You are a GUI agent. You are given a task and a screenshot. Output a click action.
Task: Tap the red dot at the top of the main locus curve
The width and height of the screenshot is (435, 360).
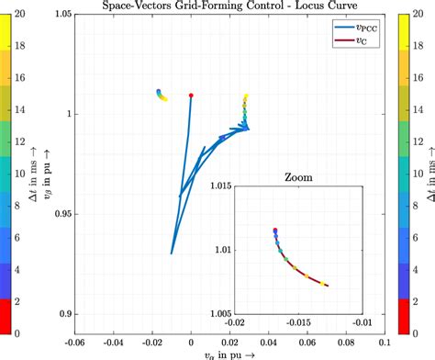pos(191,95)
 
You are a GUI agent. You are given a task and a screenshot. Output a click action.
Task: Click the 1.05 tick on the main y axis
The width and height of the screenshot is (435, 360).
pos(61,15)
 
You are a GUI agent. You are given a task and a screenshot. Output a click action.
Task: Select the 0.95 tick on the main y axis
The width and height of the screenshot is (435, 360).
pos(61,215)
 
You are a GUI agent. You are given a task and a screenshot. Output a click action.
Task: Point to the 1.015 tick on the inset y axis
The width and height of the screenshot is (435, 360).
pos(219,186)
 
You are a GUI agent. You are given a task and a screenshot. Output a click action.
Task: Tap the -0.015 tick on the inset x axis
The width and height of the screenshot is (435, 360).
pos(297,322)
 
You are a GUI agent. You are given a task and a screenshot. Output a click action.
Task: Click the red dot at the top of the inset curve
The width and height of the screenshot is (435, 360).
pos(274,230)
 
